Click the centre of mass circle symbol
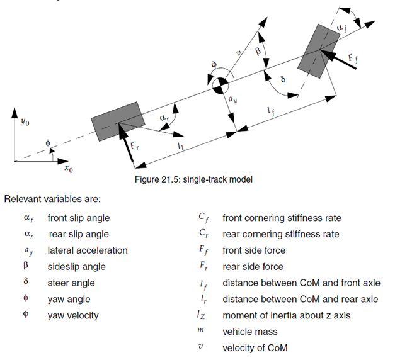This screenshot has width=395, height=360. tap(220, 86)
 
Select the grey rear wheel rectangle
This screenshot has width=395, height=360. tap(118, 121)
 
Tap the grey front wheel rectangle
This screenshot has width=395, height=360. tap(319, 51)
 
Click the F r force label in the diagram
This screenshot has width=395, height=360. tap(134, 147)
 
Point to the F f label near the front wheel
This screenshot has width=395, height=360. tap(353, 59)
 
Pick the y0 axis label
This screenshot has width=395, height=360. tap(25, 122)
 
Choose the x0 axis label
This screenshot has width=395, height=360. tap(69, 169)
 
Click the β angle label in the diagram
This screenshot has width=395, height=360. tap(258, 52)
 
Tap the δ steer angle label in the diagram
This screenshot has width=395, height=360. tap(283, 79)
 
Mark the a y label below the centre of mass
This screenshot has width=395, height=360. tap(232, 99)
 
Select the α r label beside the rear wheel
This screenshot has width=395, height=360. tap(164, 118)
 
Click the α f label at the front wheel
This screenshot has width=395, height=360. tap(342, 28)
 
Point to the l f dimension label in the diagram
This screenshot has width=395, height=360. tap(271, 111)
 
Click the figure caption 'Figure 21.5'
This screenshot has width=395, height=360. tap(157, 179)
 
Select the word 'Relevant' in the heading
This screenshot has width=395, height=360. tap(23, 199)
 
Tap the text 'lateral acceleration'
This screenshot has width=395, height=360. tap(88, 250)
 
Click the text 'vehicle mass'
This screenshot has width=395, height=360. tap(250, 332)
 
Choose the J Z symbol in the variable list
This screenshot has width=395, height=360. tap(201, 315)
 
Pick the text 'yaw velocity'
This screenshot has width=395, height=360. tap(73, 316)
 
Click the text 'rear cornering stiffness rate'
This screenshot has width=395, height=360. tap(281, 234)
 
